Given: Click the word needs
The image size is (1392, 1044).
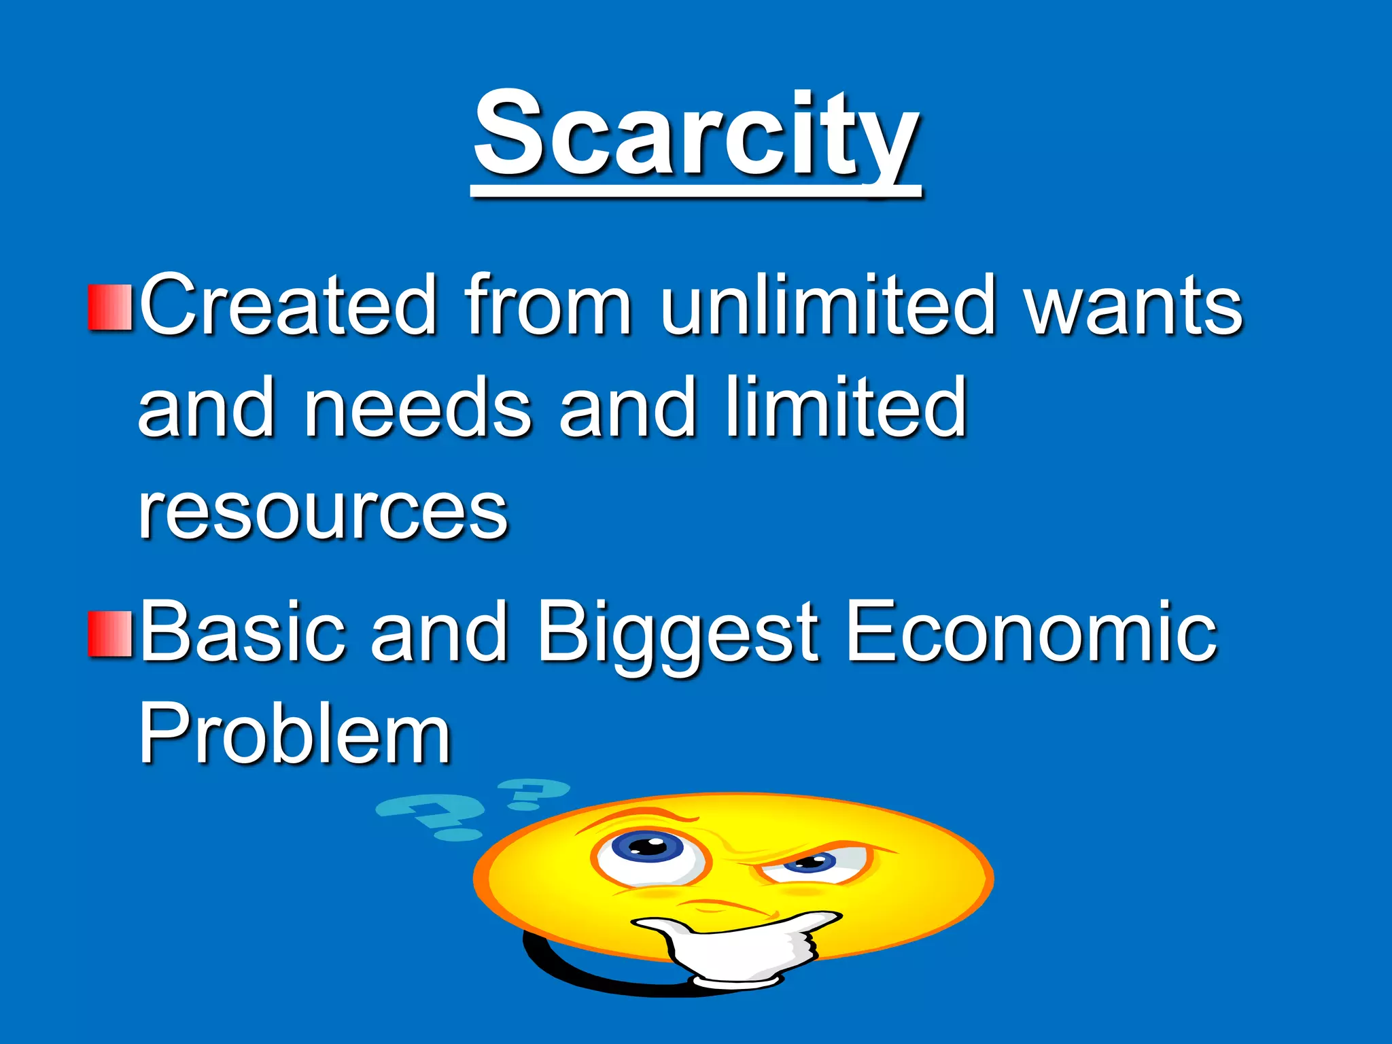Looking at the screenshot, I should click(x=416, y=408).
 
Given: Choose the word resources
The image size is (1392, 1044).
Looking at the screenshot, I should click(x=323, y=513).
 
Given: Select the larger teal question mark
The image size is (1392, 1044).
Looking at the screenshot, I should click(x=432, y=816).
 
